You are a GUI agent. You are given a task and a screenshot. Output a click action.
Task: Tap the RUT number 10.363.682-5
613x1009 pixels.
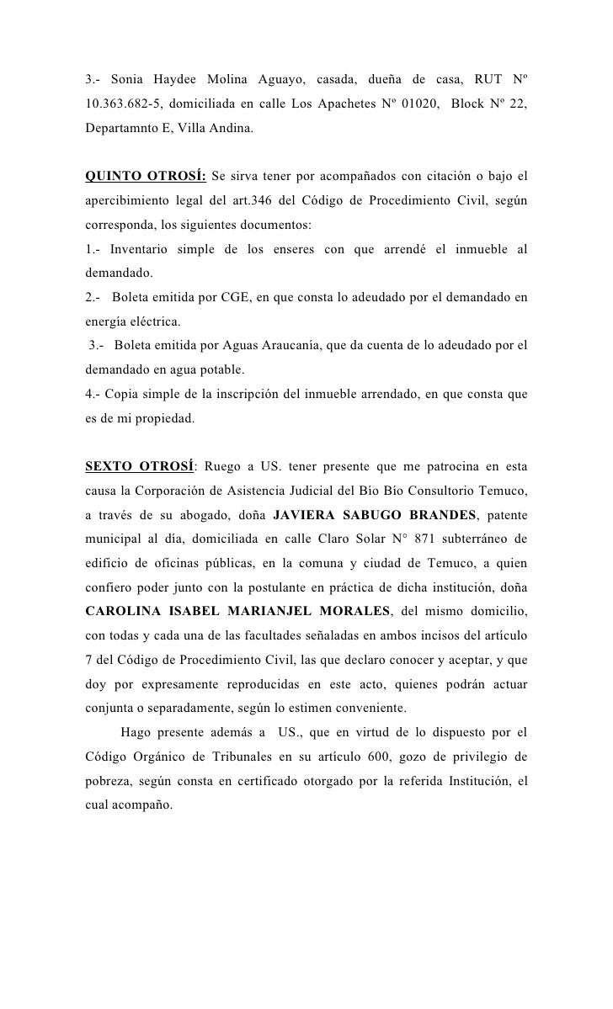click(127, 104)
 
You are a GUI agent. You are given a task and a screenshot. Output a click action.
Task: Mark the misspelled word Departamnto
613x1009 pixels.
click(121, 129)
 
